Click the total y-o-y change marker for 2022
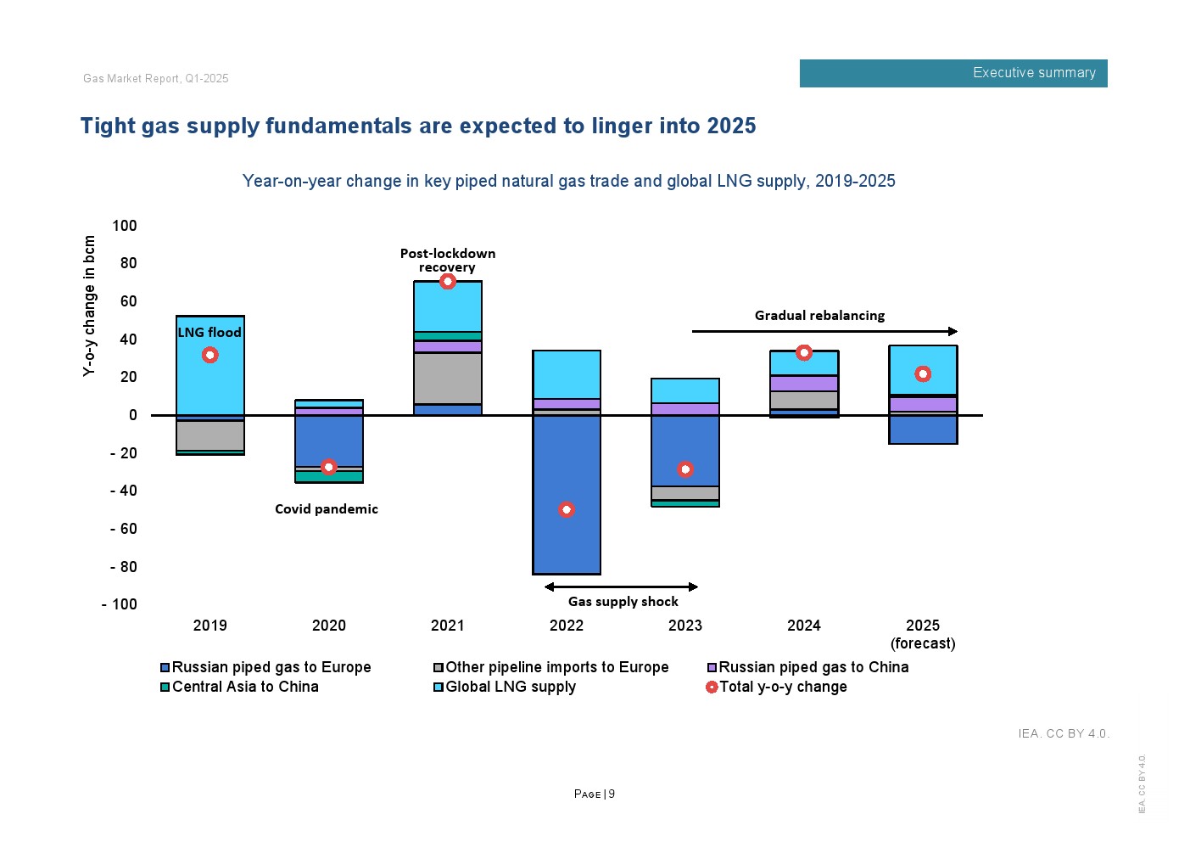coord(567,509)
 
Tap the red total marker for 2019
coord(210,355)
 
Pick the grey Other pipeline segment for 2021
coord(448,378)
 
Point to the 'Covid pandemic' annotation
coord(327,509)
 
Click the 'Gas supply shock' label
coord(623,602)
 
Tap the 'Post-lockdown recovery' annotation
coord(448,260)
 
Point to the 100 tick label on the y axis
coord(124,226)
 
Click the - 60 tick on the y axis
coord(123,529)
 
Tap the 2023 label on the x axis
coord(685,626)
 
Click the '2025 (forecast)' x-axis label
coord(923,634)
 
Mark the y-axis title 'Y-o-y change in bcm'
coord(89,306)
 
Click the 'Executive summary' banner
coord(953,73)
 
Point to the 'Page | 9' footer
coord(595,794)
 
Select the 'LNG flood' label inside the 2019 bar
coord(210,333)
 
